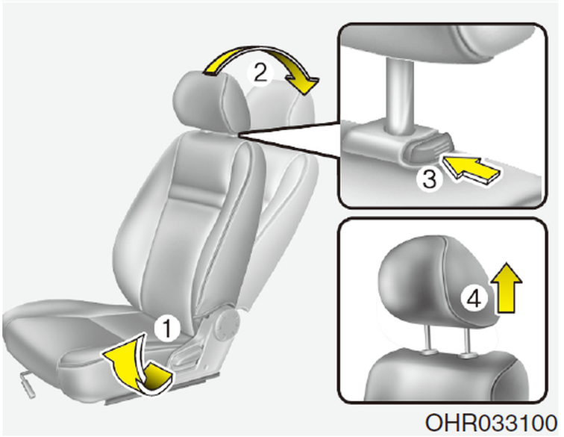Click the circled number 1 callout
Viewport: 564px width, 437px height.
click(167, 329)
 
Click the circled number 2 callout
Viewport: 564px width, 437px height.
click(260, 72)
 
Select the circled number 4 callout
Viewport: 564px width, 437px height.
click(474, 299)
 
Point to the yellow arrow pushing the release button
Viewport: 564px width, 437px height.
click(471, 169)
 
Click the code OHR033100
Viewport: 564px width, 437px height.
click(492, 423)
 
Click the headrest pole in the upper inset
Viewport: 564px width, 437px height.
click(398, 96)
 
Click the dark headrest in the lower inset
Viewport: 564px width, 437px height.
click(437, 281)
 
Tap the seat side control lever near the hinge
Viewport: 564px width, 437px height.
click(187, 355)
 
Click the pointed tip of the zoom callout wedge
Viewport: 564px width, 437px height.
click(239, 134)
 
